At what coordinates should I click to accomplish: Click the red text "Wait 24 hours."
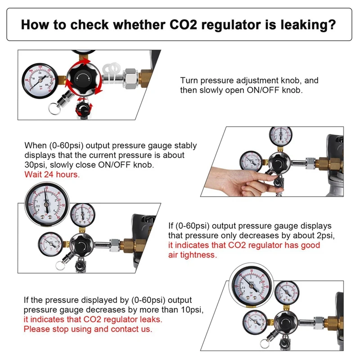pyautogui.click(x=52, y=174)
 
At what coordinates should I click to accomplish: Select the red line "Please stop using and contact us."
pyautogui.click(x=88, y=329)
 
